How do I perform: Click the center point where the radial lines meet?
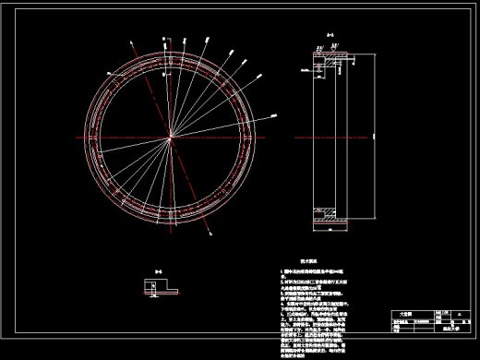[172, 138]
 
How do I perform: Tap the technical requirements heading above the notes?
[306, 262]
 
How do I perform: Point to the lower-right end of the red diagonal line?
[214, 236]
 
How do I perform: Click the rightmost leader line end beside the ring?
[276, 114]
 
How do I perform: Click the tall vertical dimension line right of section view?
[374, 138]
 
